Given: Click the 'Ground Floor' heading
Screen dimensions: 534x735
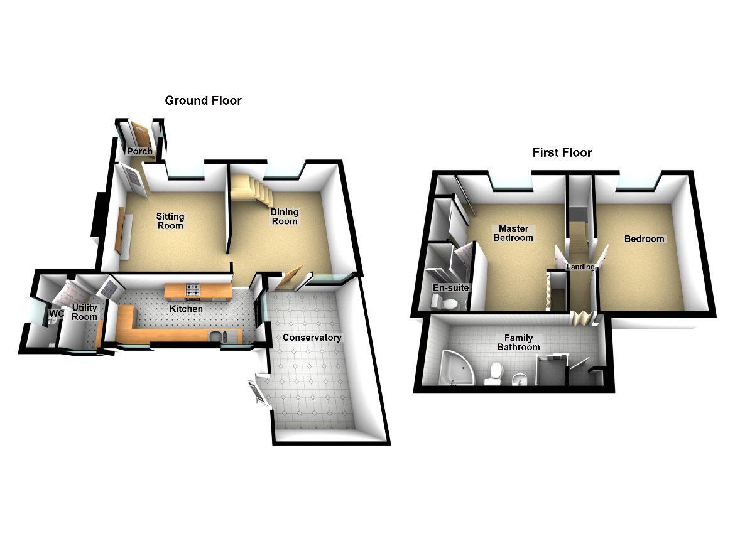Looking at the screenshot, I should click(203, 100).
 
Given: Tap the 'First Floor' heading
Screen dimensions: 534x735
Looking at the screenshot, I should click(562, 152).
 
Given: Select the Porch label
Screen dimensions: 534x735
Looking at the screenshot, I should click(139, 152).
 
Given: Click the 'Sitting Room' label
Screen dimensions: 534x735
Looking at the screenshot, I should click(170, 221).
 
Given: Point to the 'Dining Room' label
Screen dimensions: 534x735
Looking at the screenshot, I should click(284, 216).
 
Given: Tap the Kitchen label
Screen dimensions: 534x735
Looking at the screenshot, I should click(187, 309).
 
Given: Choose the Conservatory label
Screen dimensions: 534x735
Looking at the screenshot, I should click(312, 338).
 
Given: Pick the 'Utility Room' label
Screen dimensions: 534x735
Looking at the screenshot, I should click(85, 312).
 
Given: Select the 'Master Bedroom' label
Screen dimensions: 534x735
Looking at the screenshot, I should click(513, 233).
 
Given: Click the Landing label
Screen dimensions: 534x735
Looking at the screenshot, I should click(581, 267).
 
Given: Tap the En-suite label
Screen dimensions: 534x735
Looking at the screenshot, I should click(451, 288).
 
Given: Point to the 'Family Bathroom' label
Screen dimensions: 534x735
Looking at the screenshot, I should click(519, 343).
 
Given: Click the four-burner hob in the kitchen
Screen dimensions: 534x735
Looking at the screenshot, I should click(192, 289).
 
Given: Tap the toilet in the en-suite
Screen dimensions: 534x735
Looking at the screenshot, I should click(450, 304).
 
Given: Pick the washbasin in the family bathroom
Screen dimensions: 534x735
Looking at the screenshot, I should click(519, 379).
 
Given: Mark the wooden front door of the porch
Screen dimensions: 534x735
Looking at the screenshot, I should click(142, 135).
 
